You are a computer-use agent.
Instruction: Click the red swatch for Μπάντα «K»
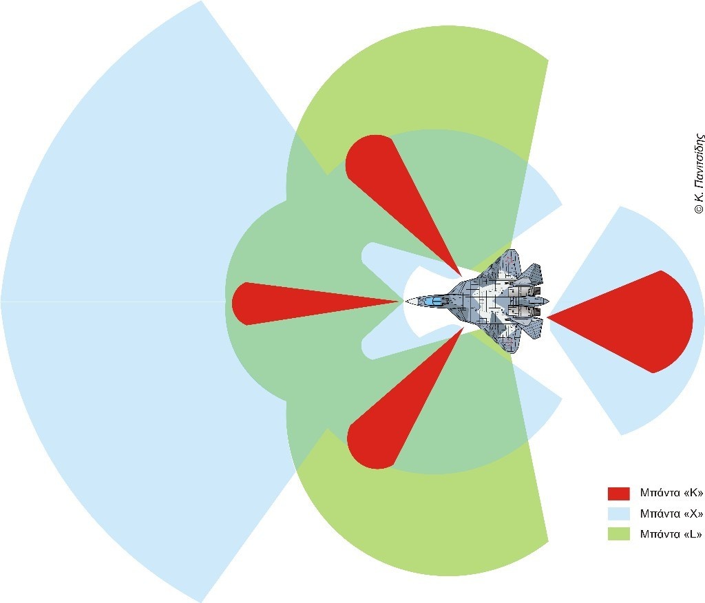point(618,494)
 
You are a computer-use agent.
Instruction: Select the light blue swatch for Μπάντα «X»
point(618,514)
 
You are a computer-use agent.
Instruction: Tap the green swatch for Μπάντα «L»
point(618,533)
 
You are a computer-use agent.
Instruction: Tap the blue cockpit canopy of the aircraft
point(432,301)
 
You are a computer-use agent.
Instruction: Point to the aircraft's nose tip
point(406,301)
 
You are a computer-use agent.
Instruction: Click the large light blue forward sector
point(124,303)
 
